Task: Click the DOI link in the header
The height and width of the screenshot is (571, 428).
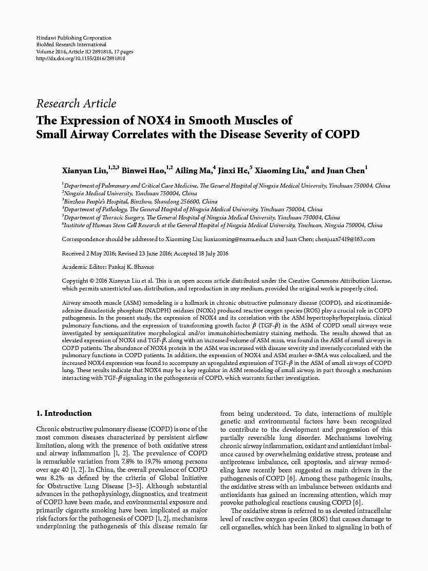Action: [x=81, y=59]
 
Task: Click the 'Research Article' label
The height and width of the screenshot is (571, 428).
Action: [x=76, y=103]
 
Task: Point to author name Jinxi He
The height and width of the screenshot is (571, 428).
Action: [x=232, y=171]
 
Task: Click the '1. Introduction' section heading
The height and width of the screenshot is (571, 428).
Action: [x=64, y=413]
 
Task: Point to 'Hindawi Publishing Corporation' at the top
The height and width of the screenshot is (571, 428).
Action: [x=73, y=38]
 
